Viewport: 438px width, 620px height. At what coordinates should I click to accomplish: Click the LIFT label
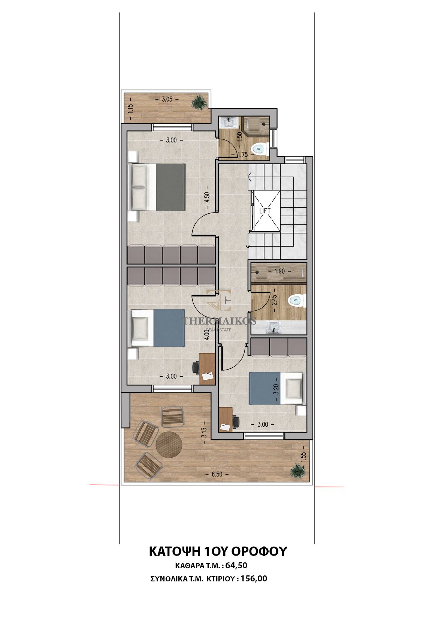point(265,211)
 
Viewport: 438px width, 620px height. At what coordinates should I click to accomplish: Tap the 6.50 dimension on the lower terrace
point(217,474)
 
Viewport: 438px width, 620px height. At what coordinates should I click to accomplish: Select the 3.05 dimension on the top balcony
point(167,99)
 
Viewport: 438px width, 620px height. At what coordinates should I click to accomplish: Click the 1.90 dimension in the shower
point(280,271)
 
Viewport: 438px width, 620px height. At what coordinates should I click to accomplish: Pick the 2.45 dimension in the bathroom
point(274,300)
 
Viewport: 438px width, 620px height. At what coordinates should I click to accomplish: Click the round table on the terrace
point(169,445)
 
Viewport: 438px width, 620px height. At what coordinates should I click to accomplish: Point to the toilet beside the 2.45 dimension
point(297,300)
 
